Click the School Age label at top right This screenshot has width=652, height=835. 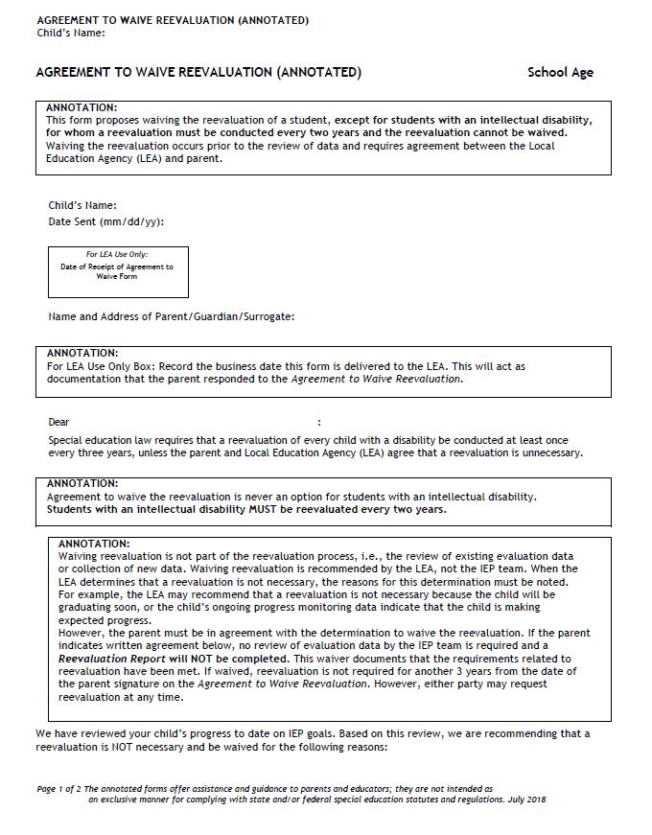560,73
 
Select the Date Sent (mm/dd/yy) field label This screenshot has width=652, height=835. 105,221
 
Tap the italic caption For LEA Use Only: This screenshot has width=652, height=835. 118,255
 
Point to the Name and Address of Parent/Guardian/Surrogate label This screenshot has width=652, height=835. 172,316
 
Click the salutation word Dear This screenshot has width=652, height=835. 58,422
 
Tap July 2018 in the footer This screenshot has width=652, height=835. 524,799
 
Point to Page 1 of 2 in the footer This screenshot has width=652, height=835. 58,788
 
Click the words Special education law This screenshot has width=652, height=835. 94,441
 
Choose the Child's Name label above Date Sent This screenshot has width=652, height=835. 82,205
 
